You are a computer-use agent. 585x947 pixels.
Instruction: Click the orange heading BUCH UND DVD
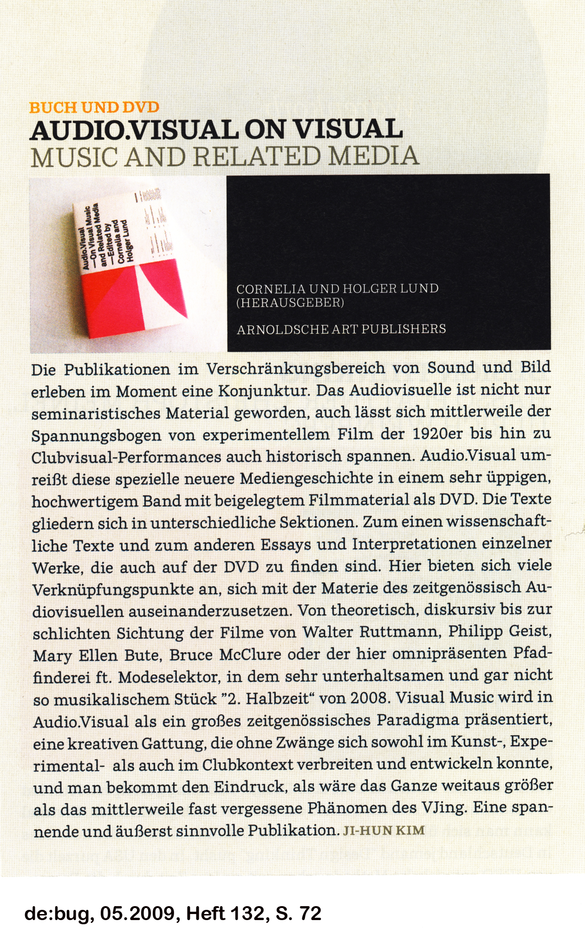click(x=94, y=108)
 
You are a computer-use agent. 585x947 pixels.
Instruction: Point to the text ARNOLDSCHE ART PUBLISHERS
click(x=341, y=329)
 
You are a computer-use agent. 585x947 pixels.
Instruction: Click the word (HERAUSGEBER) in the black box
click(x=290, y=303)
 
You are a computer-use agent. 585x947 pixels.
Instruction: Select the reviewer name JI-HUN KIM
click(x=383, y=830)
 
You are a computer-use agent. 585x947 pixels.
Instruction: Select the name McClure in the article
click(x=250, y=655)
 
